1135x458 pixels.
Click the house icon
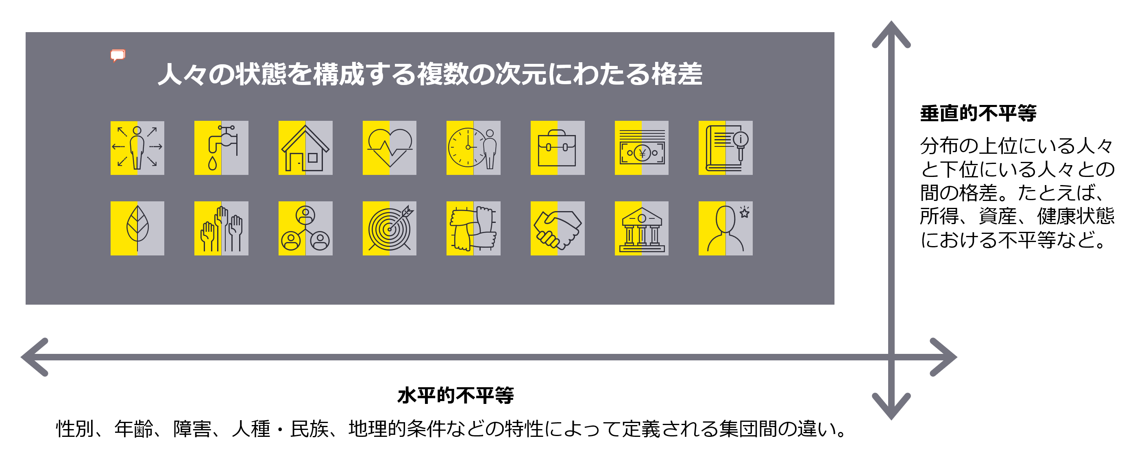pos(305,148)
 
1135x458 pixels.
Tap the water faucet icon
pos(221,148)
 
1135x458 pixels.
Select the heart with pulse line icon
pos(390,148)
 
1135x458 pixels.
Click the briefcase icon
pos(558,148)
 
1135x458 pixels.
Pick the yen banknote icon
pos(642,148)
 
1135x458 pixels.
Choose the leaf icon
pos(137,228)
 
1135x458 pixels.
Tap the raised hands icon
pos(221,228)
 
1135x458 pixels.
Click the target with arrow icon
pos(390,228)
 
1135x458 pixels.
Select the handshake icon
pos(558,228)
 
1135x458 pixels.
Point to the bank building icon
pos(642,228)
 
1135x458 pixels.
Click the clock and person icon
pos(473,148)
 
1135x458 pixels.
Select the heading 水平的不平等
pos(455,395)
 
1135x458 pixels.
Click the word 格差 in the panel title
pos(677,74)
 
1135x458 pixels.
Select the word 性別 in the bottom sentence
pos(75,429)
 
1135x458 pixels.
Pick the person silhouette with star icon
pos(725,228)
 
